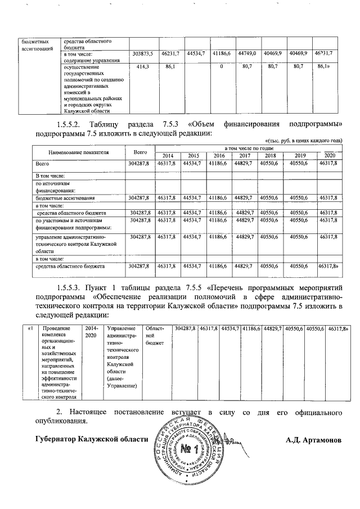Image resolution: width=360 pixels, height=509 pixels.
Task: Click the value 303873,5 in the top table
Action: point(141,54)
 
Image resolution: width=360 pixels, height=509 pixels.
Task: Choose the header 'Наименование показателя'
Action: point(78,152)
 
